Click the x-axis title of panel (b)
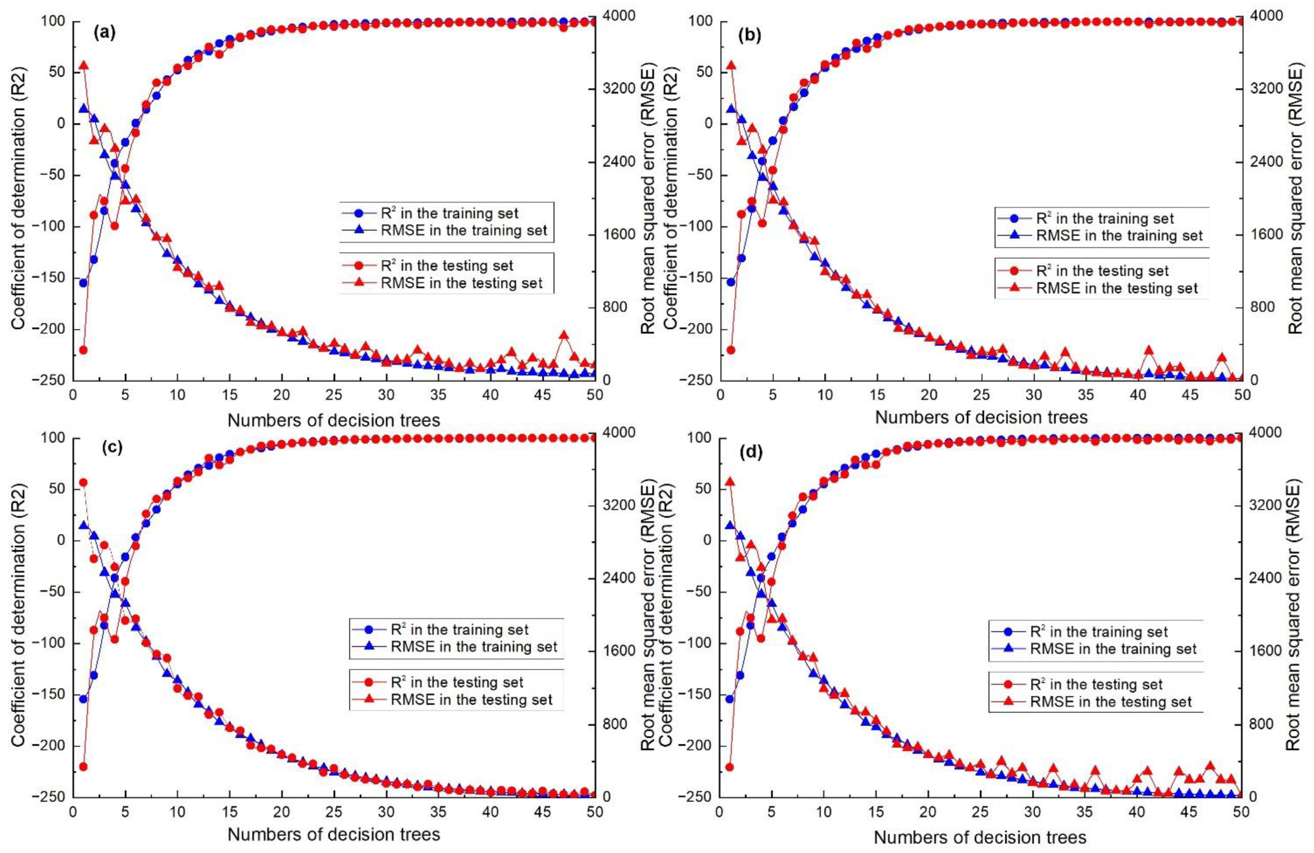981,417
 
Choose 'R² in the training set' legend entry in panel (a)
449,213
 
